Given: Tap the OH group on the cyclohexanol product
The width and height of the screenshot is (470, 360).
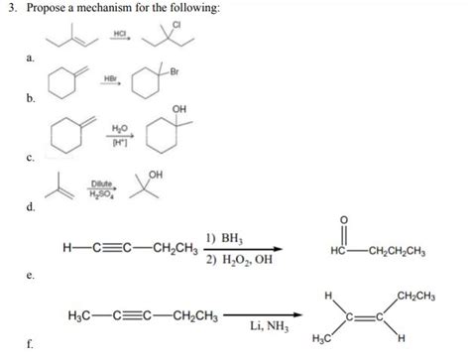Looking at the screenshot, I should [x=177, y=109].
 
